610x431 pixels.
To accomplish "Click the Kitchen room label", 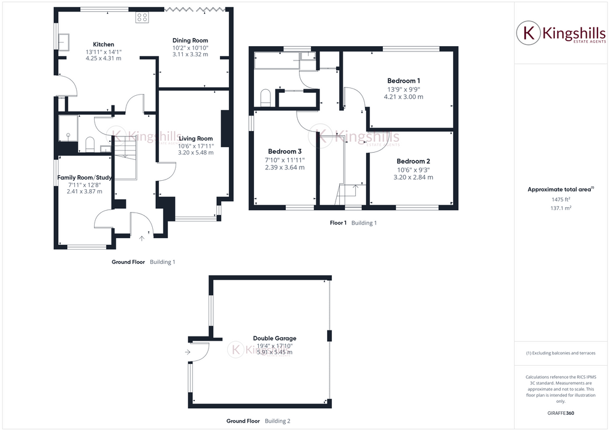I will pos(103,44).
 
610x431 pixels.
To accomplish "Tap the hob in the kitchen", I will pos(143,17).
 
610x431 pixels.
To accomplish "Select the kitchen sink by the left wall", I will pos(64,41).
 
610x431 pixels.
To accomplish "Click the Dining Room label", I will pos(190,41).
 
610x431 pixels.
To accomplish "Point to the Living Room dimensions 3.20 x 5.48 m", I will pos(195,153).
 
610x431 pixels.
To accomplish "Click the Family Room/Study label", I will pos(84,177).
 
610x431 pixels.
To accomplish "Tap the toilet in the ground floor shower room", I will pos(90,144).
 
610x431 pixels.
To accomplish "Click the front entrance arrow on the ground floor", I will pos(141,238).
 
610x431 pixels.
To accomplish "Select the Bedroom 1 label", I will pos(403,81).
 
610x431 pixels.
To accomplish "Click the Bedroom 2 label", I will pos(413,161).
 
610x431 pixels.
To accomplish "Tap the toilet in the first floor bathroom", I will pos(266,98).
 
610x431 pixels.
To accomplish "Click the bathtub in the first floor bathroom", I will pos(276,60).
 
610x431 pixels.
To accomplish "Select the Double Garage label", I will pos(274,338).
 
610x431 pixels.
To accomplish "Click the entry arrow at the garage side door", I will pos(188,352).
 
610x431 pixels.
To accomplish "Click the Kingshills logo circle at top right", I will pos(529,33).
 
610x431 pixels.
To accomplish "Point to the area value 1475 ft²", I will pos(560,199).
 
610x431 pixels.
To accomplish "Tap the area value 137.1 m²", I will pos(560,208).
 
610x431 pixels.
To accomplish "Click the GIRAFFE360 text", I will pos(561,412).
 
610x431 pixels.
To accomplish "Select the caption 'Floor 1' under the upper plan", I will pos(338,223).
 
